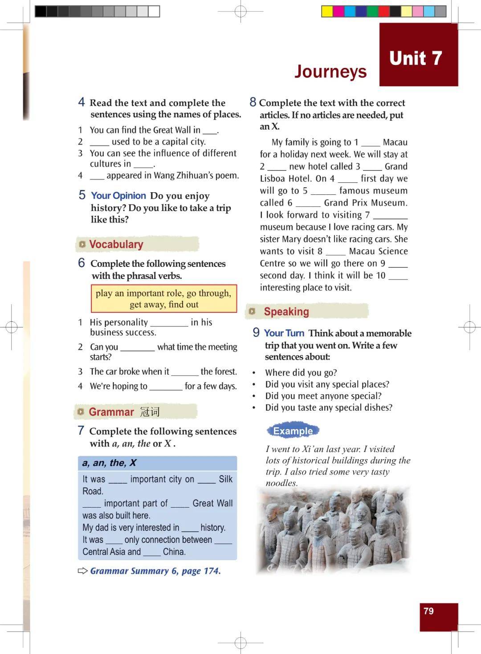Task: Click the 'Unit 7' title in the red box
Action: tap(415, 58)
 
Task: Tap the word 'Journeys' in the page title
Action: tap(330, 72)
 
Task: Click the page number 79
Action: tap(428, 611)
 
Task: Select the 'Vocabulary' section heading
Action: tap(116, 244)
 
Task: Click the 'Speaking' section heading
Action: tap(286, 311)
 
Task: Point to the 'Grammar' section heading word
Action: tap(111, 412)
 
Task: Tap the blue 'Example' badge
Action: tap(293, 431)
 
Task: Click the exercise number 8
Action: tap(253, 102)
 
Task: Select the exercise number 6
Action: tap(82, 263)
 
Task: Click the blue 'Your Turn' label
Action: tap(284, 333)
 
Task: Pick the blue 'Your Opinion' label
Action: tap(118, 196)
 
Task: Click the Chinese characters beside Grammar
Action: tap(150, 412)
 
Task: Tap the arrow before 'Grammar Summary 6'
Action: tap(83, 571)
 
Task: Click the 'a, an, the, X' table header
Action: tap(109, 463)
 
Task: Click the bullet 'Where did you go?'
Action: tap(301, 373)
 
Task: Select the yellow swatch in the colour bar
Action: tap(327, 12)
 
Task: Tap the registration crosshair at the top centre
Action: tap(240, 12)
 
